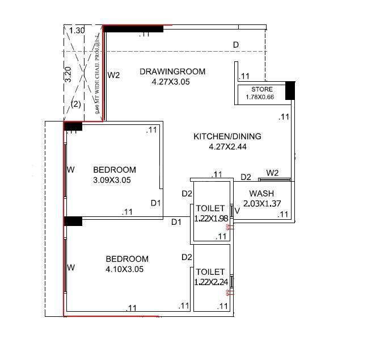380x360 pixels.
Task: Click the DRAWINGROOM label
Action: point(172,72)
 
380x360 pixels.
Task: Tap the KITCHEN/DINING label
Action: point(227,136)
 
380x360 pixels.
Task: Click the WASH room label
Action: point(261,194)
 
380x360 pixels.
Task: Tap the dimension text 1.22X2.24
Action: point(210,282)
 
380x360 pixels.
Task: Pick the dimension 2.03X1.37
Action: point(263,203)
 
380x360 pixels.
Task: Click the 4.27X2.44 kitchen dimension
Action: point(227,146)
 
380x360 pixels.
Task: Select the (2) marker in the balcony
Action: point(75,104)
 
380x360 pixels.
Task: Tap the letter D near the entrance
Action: point(235,45)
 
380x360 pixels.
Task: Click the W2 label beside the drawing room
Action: point(114,75)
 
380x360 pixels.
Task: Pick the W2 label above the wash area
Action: point(272,173)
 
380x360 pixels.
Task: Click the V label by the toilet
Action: point(237,211)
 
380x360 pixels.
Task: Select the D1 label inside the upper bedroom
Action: point(156,203)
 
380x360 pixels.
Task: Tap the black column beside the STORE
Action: point(290,90)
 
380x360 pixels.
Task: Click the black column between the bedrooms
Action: point(73,220)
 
